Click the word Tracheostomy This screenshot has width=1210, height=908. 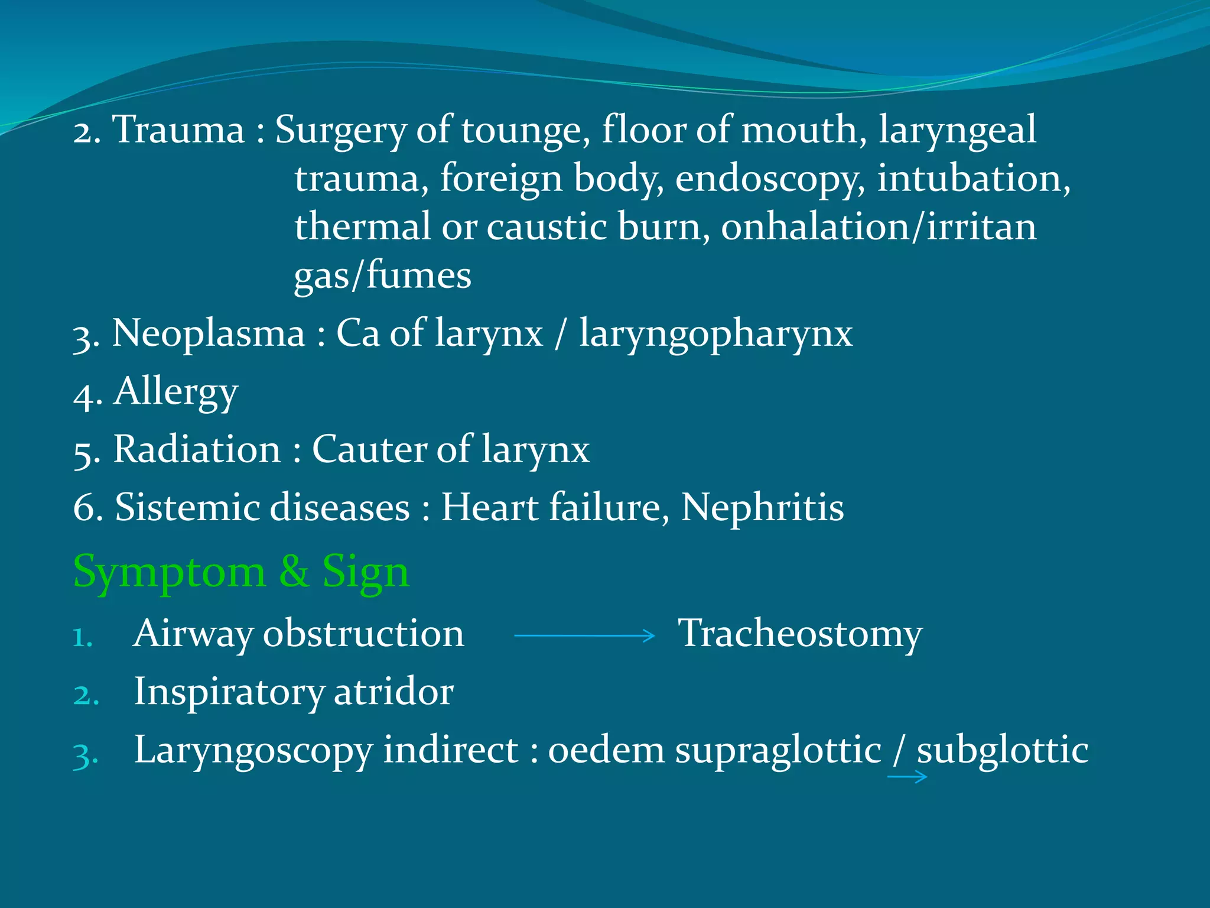799,634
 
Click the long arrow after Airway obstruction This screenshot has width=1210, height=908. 584,636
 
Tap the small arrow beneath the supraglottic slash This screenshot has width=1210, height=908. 907,777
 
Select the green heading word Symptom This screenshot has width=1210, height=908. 170,572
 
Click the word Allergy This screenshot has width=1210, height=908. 175,392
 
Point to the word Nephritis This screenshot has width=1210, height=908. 762,507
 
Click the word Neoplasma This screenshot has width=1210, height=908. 209,333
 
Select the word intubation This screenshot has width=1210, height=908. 973,178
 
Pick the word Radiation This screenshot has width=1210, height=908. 197,449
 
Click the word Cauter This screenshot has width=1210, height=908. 368,449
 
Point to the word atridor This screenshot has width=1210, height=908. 393,691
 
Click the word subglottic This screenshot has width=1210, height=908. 1002,750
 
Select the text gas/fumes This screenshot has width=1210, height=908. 383,275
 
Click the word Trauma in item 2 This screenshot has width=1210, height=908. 178,129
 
